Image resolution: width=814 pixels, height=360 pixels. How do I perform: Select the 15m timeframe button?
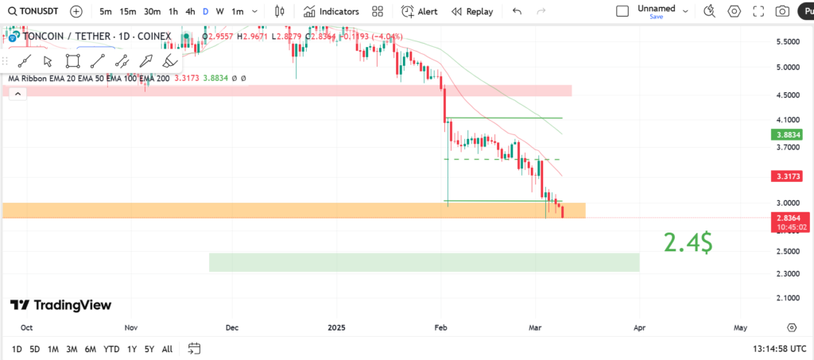coord(127,11)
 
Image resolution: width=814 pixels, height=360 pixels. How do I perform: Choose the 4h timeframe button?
coord(190,11)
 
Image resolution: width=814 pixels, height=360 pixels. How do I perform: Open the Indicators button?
coord(331,11)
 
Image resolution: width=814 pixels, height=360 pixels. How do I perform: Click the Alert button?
coord(419,11)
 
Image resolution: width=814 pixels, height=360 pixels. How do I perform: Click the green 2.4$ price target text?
coord(688,242)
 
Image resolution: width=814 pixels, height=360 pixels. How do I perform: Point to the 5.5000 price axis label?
coord(787,42)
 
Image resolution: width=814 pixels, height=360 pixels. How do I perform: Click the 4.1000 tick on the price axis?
coord(787,119)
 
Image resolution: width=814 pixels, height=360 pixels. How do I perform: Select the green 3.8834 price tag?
coord(786,135)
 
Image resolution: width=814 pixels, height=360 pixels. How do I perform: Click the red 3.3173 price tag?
coord(786,176)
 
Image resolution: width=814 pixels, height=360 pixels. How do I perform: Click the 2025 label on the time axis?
coord(337,327)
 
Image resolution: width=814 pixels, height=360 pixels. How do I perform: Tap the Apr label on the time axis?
coord(640,327)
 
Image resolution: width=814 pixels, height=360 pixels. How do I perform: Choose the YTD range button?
coord(111,349)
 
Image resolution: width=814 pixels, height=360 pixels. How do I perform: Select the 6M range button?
coord(91,349)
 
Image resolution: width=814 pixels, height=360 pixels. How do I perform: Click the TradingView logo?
coord(60,305)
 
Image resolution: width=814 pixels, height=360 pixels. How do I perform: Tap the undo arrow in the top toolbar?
coord(517,11)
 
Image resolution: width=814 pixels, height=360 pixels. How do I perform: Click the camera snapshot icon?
coord(782,11)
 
